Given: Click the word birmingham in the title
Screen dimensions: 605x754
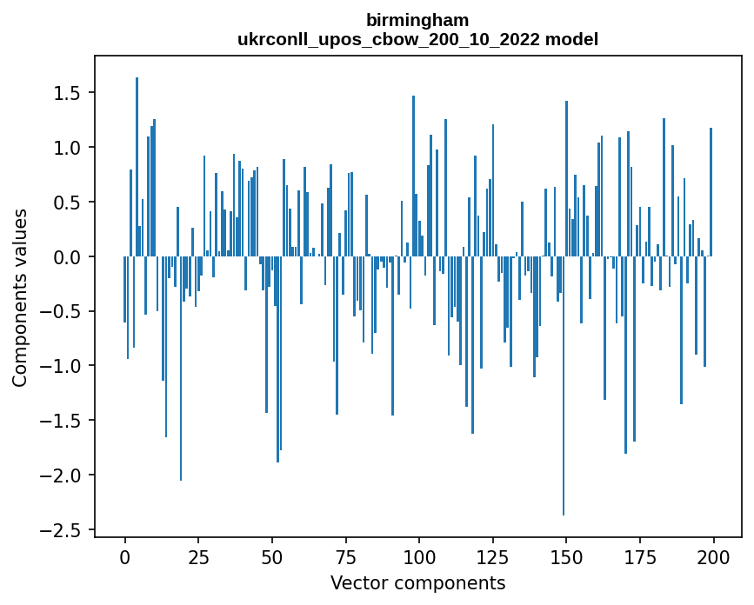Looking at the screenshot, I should (x=417, y=20).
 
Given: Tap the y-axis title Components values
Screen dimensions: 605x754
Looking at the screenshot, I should (x=19, y=297).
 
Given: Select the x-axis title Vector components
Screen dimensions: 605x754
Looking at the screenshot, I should (x=417, y=582).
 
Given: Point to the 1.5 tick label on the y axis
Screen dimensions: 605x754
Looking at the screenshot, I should (x=70, y=93).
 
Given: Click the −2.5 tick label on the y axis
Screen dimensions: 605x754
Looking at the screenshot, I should (x=66, y=529).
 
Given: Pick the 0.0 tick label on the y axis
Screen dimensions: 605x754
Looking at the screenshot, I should (x=70, y=256).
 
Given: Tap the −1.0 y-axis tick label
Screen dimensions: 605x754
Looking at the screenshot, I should (x=66, y=366).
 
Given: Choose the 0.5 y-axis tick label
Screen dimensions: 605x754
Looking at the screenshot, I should (x=70, y=203).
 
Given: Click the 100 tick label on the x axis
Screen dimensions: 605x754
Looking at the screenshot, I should (x=419, y=556).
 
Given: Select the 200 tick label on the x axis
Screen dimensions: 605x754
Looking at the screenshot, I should (x=714, y=556).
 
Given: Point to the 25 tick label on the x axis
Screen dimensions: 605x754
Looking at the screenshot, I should (x=198, y=556).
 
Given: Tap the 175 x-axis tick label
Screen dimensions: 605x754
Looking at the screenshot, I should (x=640, y=556).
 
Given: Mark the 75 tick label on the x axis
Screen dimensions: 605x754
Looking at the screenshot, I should (x=345, y=556).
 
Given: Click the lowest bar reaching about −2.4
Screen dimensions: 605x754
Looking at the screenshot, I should (x=564, y=386).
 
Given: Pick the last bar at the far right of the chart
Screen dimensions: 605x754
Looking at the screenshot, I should (x=711, y=192).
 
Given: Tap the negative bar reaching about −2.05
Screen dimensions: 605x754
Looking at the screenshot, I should (x=181, y=369).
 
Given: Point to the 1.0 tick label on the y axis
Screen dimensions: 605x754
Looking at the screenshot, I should (x=70, y=148).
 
